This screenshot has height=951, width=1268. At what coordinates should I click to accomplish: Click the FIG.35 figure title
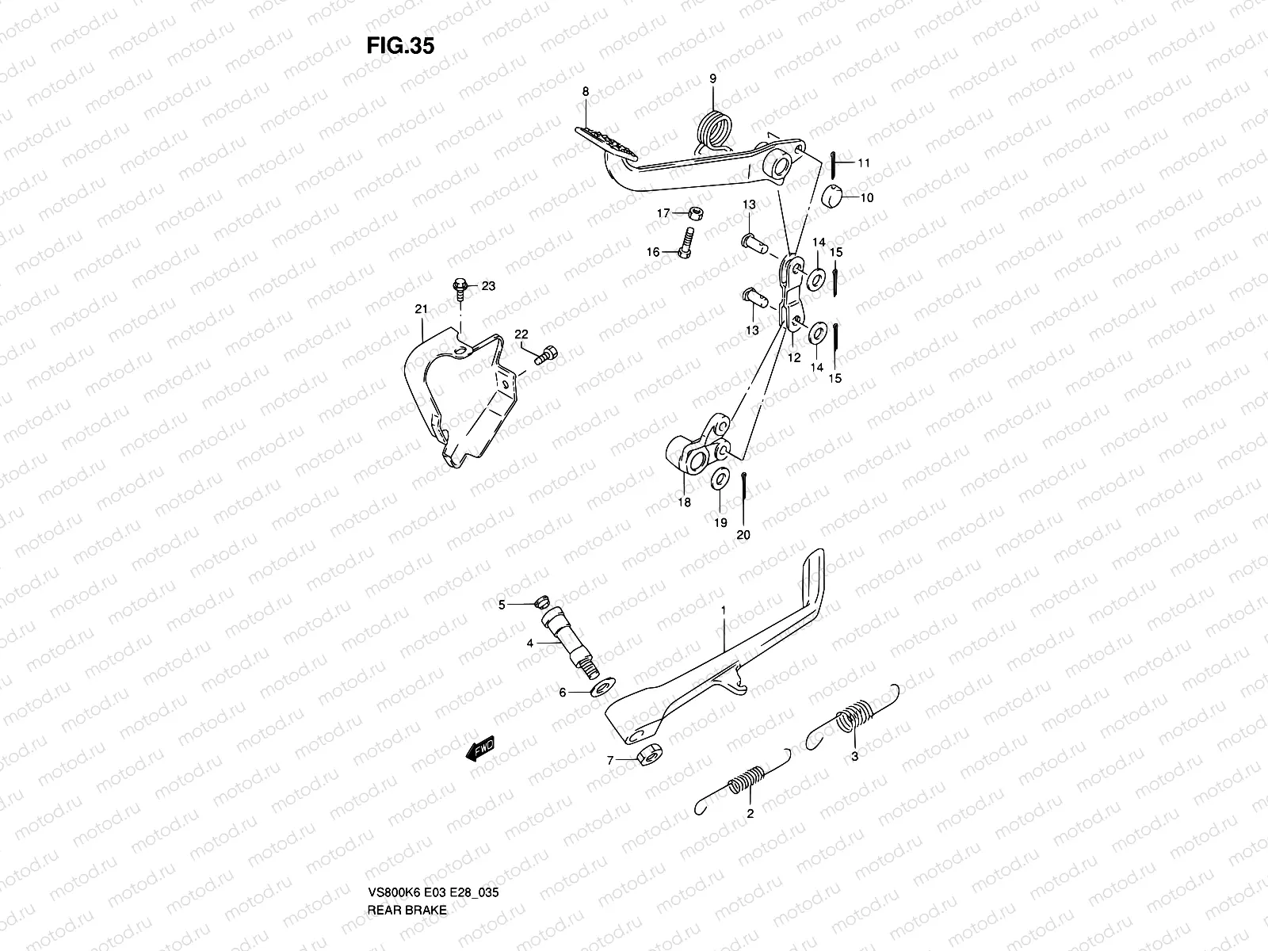pos(400,46)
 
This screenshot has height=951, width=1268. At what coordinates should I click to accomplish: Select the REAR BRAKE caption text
pos(407,865)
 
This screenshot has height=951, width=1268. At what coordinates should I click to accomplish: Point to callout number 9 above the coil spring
pos(712,78)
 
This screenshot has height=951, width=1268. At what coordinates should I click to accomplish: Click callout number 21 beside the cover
pos(421,308)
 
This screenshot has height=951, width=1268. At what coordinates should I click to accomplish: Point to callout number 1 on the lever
pos(723,610)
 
